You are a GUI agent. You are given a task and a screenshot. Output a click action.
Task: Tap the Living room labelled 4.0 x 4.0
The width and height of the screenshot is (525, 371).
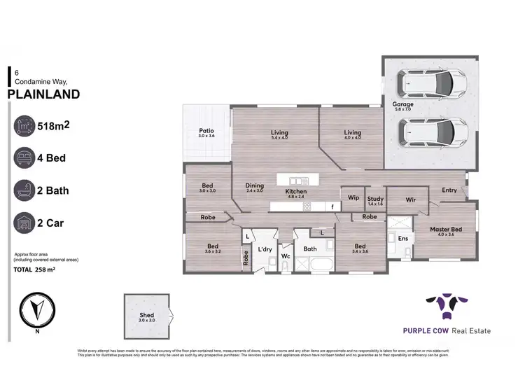coord(351,133)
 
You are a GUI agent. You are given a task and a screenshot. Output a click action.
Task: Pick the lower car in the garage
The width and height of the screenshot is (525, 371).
coord(430,131)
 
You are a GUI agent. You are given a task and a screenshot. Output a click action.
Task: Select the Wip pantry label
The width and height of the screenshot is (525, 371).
coord(353,198)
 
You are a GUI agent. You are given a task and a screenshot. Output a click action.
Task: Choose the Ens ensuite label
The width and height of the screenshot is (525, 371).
coord(403,239)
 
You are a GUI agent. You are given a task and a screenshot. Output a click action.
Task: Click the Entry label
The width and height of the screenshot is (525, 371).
coord(449,190)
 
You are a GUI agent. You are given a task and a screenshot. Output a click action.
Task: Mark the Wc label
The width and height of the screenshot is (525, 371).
coord(286,256)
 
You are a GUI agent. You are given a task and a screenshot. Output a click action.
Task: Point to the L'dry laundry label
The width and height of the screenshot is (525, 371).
coord(265,249)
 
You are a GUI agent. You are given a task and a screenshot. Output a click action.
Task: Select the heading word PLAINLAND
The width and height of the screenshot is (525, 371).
coord(43,94)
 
